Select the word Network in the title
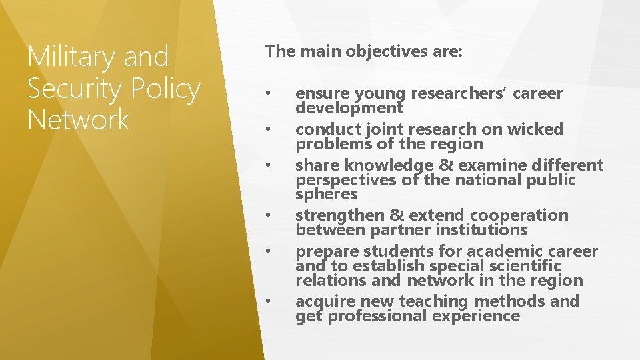point(78,120)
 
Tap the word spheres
point(327,194)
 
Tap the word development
point(349,107)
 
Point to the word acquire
point(323,301)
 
